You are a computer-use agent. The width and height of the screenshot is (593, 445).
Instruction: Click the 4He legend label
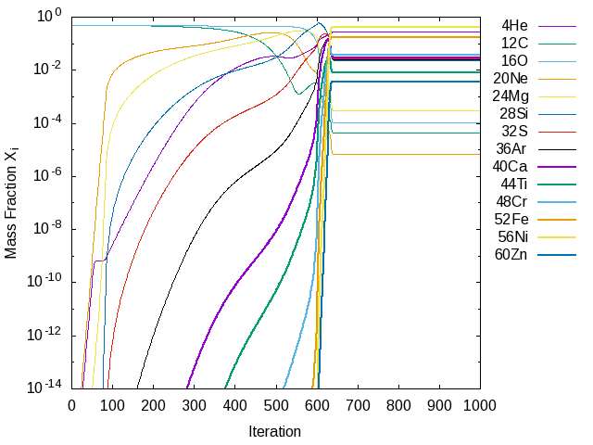(516, 25)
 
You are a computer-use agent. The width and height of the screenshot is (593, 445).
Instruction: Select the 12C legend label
(516, 43)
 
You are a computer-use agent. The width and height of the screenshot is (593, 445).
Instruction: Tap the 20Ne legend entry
(511, 78)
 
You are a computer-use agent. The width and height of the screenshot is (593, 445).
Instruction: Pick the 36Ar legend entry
(512, 148)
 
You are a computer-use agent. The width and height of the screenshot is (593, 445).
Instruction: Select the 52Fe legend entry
(512, 219)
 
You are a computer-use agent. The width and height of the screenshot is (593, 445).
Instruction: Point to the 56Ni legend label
(512, 236)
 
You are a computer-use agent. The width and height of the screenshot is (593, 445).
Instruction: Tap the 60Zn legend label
(512, 254)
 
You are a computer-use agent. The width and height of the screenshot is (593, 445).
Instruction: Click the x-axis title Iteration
(275, 431)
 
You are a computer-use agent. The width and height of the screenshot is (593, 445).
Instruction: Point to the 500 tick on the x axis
(276, 404)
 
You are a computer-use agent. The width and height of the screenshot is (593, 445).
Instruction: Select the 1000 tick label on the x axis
(480, 404)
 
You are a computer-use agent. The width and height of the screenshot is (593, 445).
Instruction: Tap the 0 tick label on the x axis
(72, 404)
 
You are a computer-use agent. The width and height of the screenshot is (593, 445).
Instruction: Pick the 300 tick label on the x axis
(195, 404)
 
